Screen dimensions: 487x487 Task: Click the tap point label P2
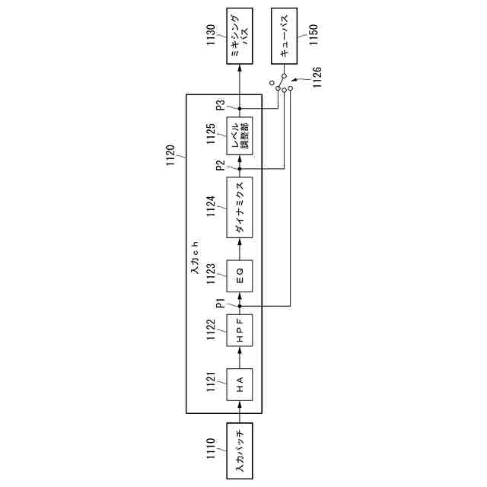point(221,167)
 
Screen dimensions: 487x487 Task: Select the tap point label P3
point(221,106)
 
